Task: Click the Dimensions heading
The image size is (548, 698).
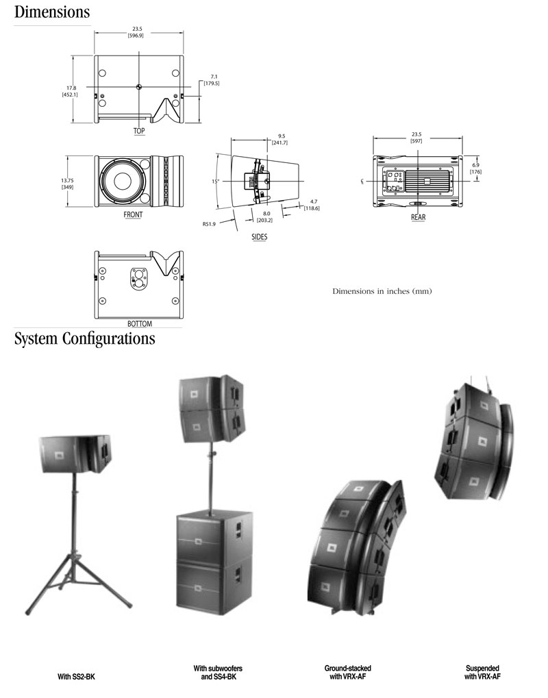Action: (x=52, y=12)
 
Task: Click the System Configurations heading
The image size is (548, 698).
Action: (x=84, y=339)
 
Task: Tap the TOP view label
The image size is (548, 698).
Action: (x=139, y=130)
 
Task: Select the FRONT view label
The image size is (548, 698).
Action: (x=133, y=214)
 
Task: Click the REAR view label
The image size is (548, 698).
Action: (x=418, y=217)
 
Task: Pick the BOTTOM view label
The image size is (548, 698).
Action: (x=140, y=323)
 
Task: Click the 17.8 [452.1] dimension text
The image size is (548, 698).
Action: (x=70, y=90)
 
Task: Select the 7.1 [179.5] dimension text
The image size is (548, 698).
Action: (x=211, y=79)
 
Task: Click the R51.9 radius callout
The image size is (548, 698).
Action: (x=210, y=223)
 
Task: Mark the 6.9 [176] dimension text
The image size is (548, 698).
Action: (x=476, y=168)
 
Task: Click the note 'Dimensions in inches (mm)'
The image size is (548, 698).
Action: (x=382, y=291)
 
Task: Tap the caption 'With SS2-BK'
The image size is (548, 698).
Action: (x=77, y=675)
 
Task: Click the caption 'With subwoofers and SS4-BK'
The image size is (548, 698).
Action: (x=218, y=671)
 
